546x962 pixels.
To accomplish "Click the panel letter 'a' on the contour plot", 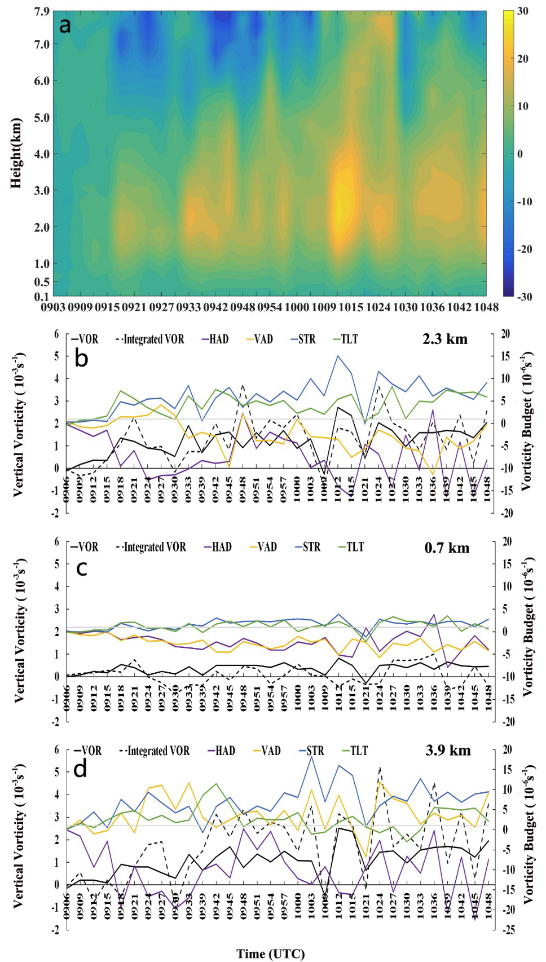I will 65,26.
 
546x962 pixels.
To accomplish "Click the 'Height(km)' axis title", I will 16,153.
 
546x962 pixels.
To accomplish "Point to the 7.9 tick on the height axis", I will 42,11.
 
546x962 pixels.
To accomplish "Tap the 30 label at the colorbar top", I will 522,11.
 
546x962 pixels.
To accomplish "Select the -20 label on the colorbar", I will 524,249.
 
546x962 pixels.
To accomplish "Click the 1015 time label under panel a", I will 351,307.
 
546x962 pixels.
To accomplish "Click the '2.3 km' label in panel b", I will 445,339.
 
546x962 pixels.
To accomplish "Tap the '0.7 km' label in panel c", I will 447,548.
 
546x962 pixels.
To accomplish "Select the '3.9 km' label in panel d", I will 448,751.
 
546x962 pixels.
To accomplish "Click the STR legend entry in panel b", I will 303,339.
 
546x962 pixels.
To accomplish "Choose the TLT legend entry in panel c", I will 351,547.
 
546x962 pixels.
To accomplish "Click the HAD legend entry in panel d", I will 222,751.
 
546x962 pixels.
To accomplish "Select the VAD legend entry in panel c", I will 263,547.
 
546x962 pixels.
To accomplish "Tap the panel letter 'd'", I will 81,769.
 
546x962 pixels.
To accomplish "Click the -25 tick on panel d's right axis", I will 509,930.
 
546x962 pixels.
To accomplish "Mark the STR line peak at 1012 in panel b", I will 338,356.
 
